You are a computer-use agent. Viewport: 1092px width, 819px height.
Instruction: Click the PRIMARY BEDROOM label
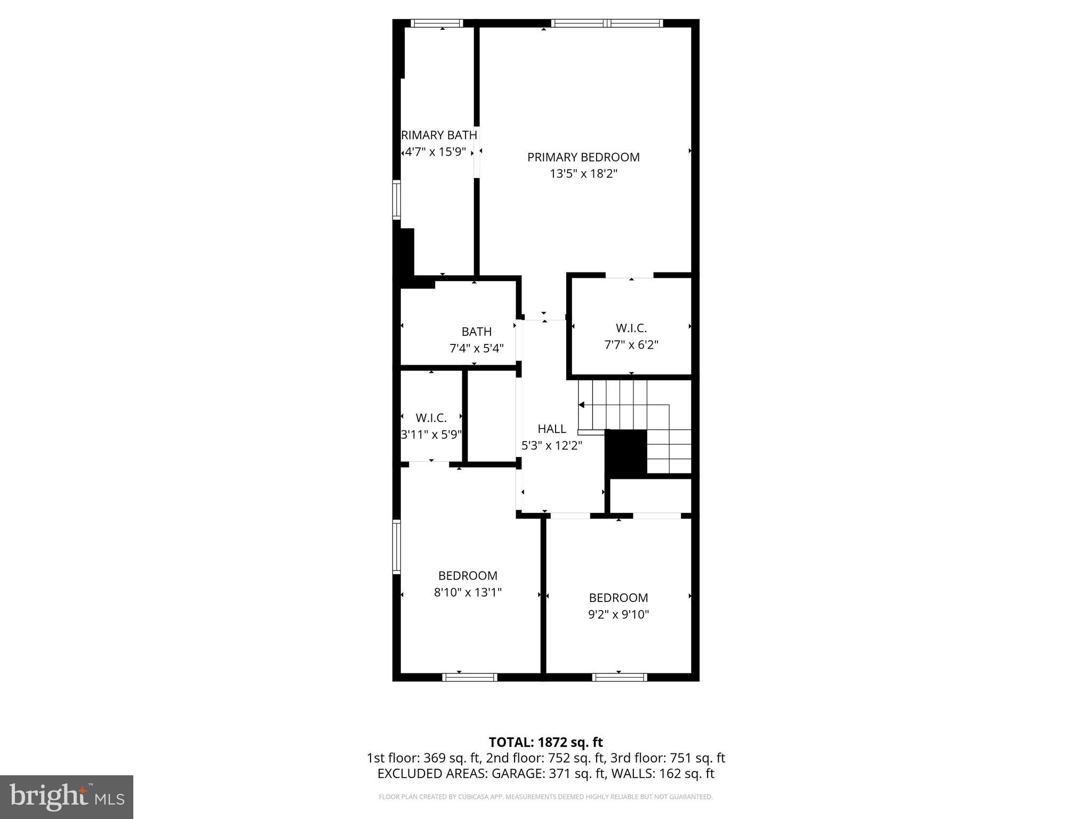583,157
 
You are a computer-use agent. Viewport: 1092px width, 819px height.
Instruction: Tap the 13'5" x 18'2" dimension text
583,174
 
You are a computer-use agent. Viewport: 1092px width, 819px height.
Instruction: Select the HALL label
551,429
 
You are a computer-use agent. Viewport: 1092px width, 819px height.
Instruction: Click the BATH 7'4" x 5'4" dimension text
476,349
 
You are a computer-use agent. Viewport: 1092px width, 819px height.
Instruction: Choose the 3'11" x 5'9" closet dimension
431,435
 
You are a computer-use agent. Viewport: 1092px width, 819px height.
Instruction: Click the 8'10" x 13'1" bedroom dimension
468,592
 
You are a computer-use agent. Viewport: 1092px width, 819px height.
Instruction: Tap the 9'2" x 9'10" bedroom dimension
618,614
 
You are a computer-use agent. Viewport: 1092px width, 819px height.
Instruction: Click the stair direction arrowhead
581,405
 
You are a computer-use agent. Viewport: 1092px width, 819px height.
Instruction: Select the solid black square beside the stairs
625,454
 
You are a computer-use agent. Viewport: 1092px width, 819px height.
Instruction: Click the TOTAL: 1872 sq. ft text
545,742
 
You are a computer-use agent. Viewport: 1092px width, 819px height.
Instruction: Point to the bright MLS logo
67,797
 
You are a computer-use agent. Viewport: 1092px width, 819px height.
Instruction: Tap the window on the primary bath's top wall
437,23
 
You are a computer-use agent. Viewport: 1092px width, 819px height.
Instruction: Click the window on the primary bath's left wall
397,200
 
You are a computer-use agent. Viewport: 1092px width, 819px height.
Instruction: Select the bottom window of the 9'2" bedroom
620,678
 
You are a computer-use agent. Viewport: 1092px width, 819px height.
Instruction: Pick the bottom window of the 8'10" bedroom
470,678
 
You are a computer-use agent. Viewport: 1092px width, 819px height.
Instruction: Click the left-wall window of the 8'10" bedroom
397,547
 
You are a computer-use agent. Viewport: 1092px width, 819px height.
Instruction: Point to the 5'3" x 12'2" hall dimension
551,446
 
